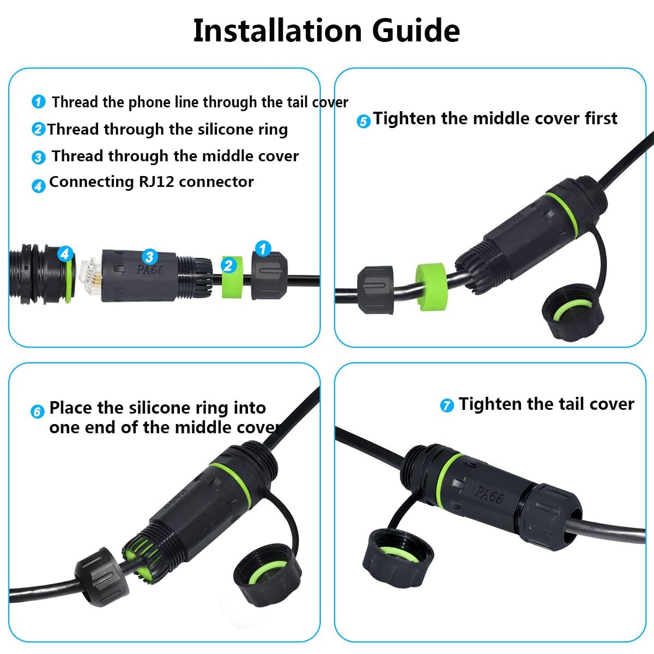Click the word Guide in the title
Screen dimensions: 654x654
(416, 31)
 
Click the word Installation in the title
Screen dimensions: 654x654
(277, 31)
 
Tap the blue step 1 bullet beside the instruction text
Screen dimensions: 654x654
(38, 102)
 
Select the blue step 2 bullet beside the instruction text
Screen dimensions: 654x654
(38, 129)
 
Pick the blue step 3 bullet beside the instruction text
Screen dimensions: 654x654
(38, 158)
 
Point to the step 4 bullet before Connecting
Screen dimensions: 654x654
(38, 186)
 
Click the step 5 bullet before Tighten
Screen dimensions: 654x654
(364, 121)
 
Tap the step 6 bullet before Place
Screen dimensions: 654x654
(38, 411)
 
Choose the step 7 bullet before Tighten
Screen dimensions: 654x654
(447, 405)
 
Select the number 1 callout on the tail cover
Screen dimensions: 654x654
(263, 249)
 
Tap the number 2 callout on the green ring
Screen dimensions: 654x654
(229, 265)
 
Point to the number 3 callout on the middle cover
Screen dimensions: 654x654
(150, 257)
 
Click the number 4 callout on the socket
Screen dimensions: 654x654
(65, 253)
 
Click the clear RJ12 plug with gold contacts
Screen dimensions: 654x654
(90, 275)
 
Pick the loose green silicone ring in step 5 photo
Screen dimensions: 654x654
(431, 287)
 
